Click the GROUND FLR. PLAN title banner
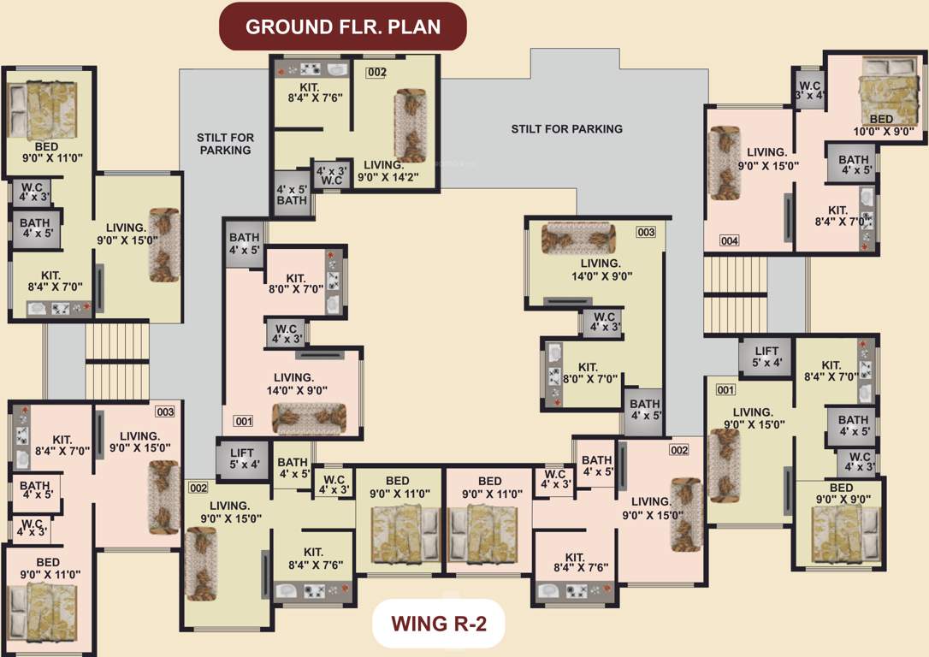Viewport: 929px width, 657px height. tap(343, 27)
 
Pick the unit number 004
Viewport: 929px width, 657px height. tap(729, 241)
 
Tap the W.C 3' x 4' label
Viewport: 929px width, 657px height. tap(808, 90)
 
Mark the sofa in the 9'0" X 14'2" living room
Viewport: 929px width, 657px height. tap(409, 125)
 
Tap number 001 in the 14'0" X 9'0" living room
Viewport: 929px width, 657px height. tap(244, 421)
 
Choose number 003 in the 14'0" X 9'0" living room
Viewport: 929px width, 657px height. tap(645, 232)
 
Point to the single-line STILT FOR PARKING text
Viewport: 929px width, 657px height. tap(566, 129)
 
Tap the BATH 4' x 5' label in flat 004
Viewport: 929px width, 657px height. tap(853, 164)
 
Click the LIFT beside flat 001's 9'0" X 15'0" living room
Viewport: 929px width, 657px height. tap(766, 355)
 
